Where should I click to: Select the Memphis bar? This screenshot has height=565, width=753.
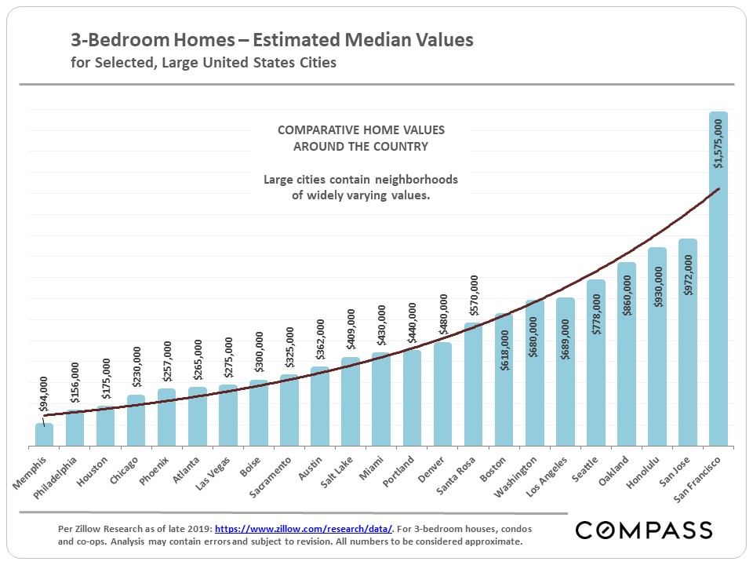[x=44, y=435]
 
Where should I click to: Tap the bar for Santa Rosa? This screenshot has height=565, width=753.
[x=473, y=385]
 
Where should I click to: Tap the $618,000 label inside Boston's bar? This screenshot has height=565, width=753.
[x=504, y=350]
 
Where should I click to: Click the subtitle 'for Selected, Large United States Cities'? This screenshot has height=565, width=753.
[x=203, y=62]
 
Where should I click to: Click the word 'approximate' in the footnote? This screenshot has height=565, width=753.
[x=493, y=541]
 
